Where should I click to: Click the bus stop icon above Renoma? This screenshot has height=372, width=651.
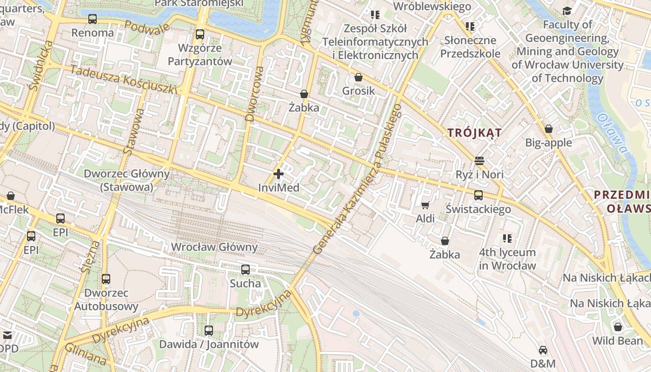(93, 19)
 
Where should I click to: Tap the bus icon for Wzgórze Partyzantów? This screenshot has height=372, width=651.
(199, 34)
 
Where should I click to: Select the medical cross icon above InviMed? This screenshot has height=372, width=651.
(279, 174)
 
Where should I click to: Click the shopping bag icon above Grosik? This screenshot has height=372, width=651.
(358, 77)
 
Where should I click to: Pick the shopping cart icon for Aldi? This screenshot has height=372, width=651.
(425, 205)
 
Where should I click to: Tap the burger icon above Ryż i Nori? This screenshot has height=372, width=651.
(479, 161)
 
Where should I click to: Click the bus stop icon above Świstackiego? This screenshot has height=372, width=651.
(478, 195)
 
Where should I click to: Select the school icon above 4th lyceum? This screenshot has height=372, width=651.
(507, 239)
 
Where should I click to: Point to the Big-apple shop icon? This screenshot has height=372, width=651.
(549, 129)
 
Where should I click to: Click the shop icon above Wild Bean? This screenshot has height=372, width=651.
(618, 327)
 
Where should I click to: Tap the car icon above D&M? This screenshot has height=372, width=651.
(543, 350)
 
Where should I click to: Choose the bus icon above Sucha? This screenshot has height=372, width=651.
(245, 269)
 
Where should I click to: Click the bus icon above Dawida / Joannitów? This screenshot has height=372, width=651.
(209, 331)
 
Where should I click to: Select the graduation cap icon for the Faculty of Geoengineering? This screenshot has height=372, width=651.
(567, 11)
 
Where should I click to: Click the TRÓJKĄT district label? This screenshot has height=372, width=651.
(474, 133)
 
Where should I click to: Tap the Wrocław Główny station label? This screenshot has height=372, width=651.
(214, 247)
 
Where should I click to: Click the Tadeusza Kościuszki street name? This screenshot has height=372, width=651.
(124, 80)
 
